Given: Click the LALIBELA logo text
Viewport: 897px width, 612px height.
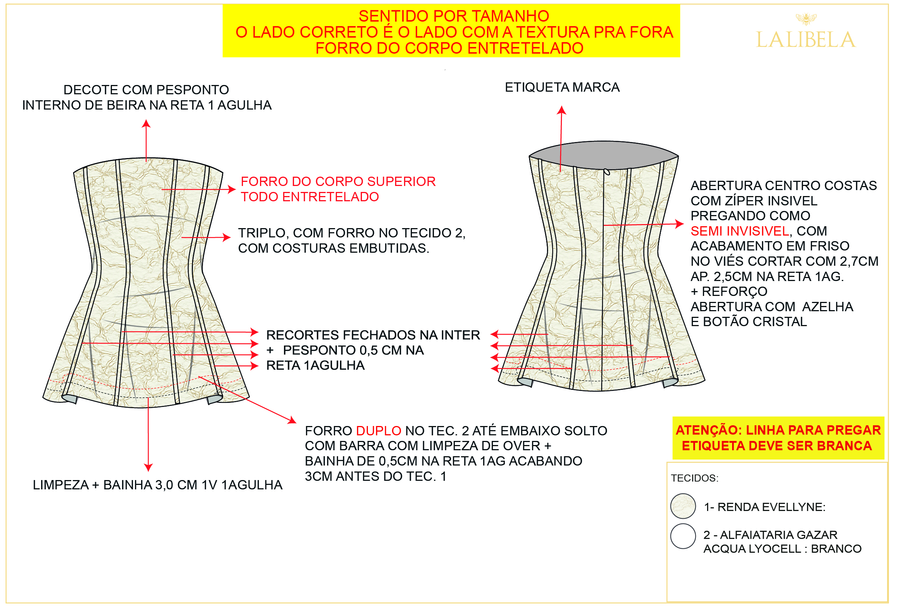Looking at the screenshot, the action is pos(806,40).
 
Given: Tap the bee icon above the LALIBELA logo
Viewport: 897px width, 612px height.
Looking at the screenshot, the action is pos(806,18).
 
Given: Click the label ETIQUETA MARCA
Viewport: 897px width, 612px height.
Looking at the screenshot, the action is pos(562,88).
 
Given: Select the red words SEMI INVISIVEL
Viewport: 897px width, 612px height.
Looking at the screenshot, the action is pos(740,231).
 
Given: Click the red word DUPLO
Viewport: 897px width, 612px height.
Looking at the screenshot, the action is pos(379,431).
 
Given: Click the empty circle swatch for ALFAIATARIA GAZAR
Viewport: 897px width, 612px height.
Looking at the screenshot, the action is pos(683,536).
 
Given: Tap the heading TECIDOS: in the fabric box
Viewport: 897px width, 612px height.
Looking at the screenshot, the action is pos(695,478).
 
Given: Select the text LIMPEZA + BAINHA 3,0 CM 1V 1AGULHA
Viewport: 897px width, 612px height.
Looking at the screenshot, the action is pos(157,485).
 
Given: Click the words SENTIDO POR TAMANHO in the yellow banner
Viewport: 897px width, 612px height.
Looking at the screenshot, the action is pos(454,16).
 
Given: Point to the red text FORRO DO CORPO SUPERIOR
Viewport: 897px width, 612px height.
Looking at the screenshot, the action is pos(338,181).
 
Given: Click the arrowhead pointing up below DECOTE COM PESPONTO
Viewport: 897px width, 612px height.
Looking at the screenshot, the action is pos(146,123).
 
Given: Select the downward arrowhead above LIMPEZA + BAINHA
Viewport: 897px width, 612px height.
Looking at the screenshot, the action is pos(148,467).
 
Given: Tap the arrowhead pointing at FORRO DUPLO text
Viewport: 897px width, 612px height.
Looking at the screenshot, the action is pos(293,420).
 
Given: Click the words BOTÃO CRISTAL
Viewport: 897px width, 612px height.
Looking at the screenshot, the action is pos(755,322).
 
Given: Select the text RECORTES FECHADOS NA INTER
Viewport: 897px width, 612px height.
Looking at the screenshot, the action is pos(373,335).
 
